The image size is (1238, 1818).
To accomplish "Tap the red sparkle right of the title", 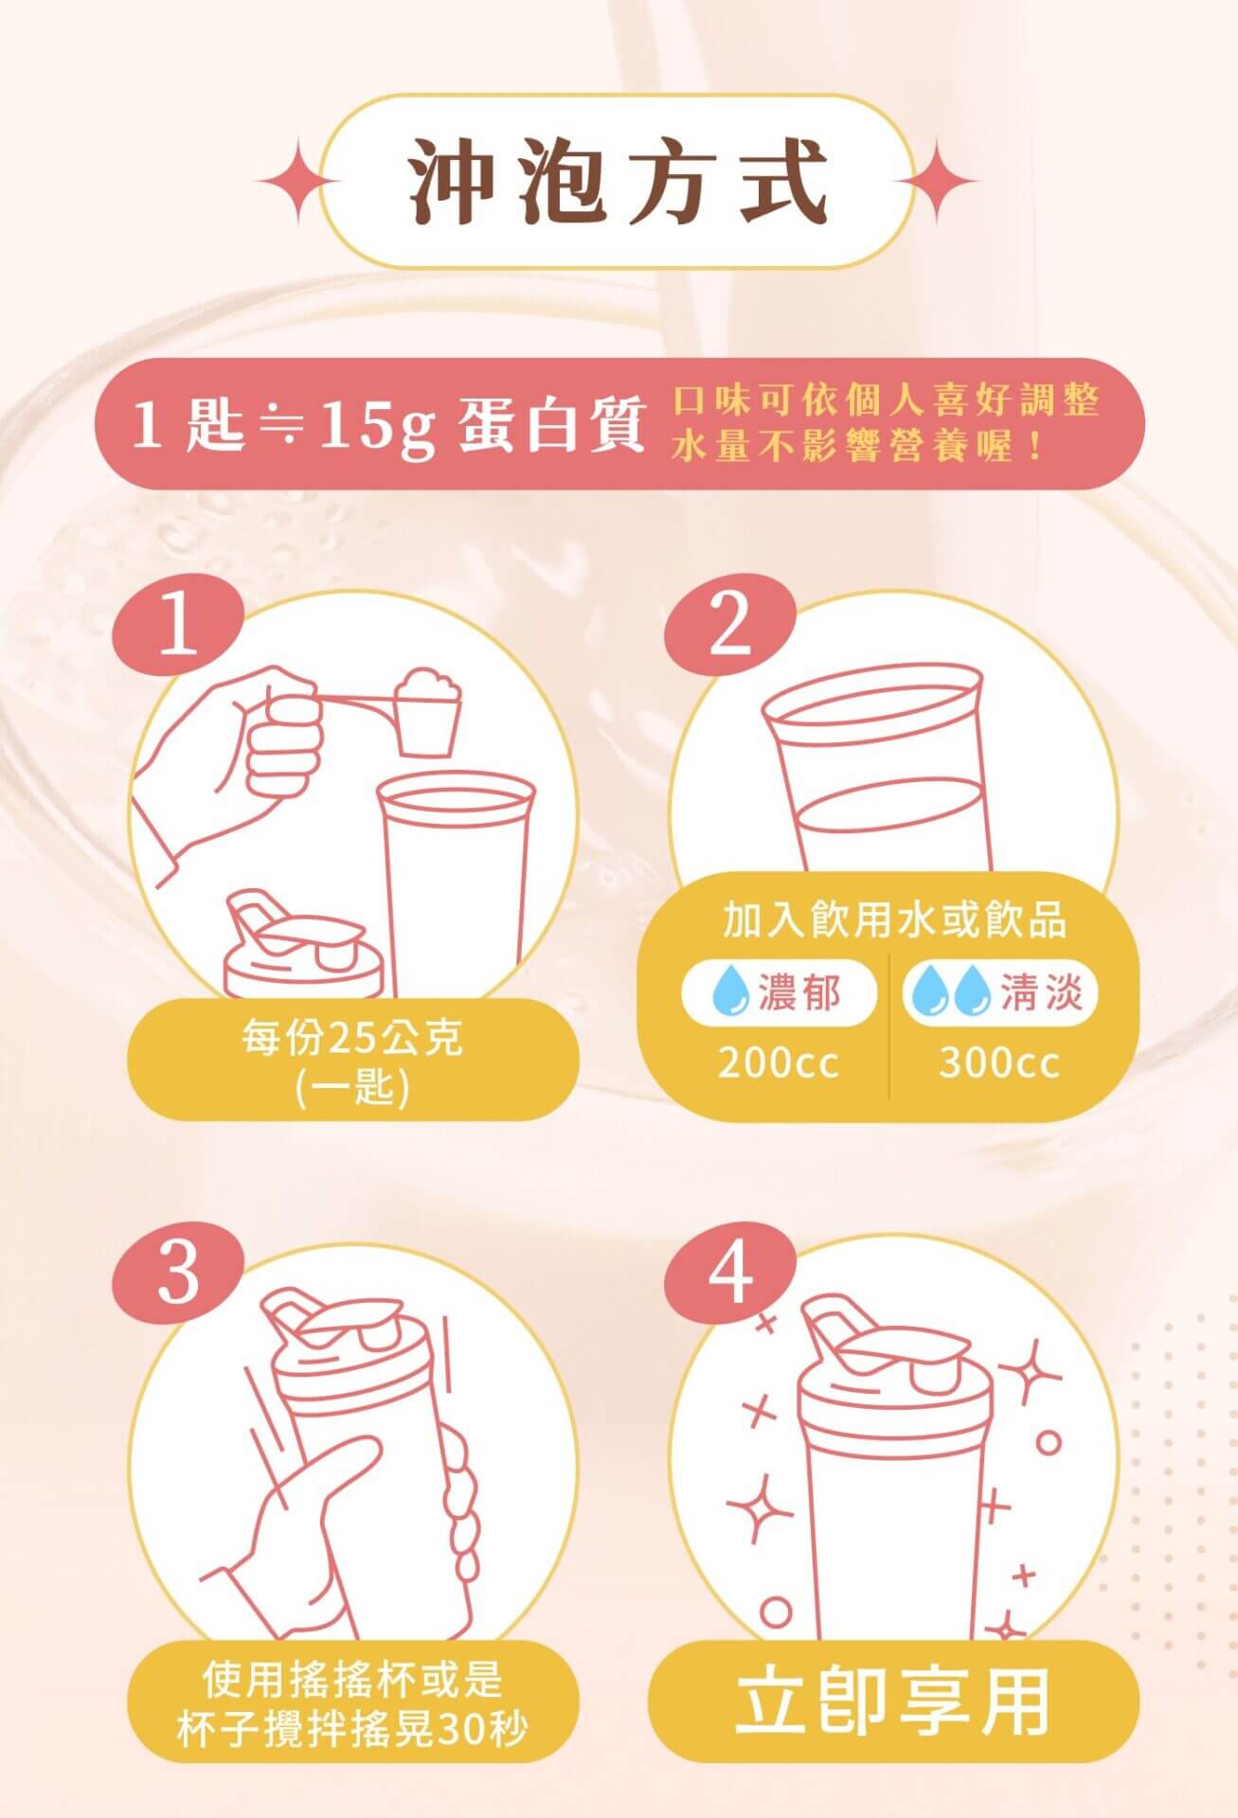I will [x=938, y=181].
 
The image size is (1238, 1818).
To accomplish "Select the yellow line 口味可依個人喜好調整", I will [x=886, y=401].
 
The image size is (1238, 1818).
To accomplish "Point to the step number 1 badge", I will [x=179, y=626].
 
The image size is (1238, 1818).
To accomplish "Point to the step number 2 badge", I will [x=729, y=626].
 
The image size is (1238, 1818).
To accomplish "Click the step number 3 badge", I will [x=179, y=1274].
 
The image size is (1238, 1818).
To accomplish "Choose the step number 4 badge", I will [x=729, y=1274].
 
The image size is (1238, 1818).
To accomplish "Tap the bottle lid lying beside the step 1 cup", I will [x=303, y=947].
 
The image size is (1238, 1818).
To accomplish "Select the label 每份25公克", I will [x=352, y=1039].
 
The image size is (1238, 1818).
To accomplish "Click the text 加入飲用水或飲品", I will [x=894, y=919].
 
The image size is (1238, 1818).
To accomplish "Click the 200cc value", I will [x=779, y=1062].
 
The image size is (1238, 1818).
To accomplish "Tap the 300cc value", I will [x=999, y=1062].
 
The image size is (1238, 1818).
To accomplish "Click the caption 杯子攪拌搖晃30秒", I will [x=352, y=1730].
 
